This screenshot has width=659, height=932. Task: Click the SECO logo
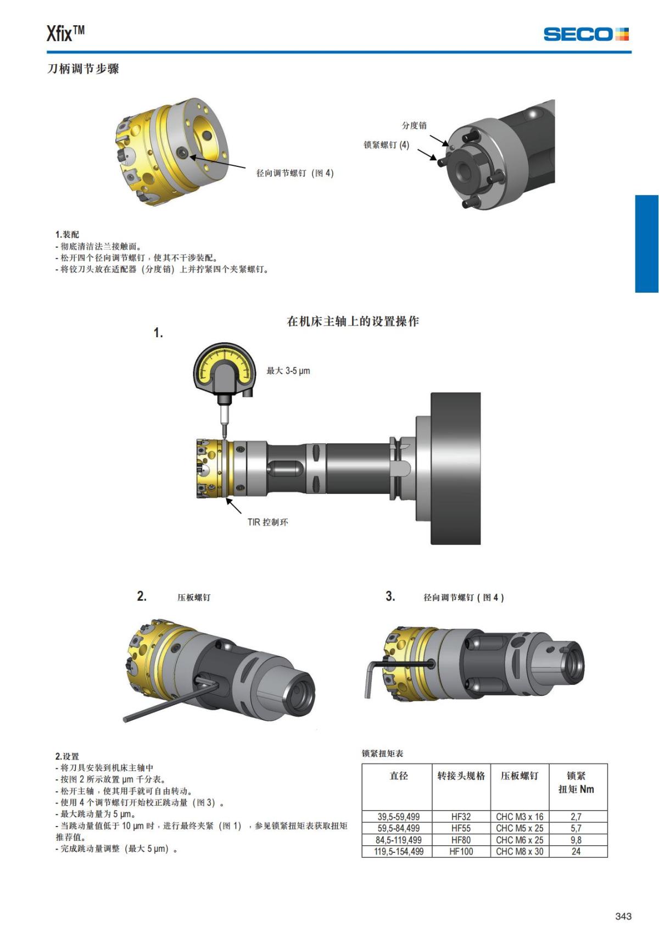click(x=585, y=34)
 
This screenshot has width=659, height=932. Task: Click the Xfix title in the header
click(x=65, y=34)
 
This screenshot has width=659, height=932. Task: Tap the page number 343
click(x=623, y=916)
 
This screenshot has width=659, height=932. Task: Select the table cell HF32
click(x=461, y=817)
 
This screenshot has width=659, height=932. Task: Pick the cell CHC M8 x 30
click(x=520, y=851)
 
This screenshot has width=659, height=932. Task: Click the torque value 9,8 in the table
click(x=576, y=840)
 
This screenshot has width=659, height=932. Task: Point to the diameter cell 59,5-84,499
click(x=398, y=828)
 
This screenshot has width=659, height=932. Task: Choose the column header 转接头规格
click(x=461, y=776)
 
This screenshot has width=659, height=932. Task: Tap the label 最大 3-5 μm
click(x=288, y=371)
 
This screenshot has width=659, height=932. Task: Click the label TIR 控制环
click(x=267, y=522)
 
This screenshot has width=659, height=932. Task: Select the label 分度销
click(x=414, y=125)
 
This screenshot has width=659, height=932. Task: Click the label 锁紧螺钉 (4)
click(x=386, y=145)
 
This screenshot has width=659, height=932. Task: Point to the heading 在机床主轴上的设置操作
click(x=353, y=321)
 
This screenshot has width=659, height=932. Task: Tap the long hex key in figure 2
click(x=165, y=706)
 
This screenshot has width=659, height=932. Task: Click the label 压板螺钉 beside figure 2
click(x=193, y=598)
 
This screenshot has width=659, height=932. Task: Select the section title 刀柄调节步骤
click(x=83, y=69)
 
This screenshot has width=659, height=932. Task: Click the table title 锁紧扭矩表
click(x=382, y=754)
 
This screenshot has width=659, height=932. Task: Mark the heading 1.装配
click(x=67, y=235)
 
